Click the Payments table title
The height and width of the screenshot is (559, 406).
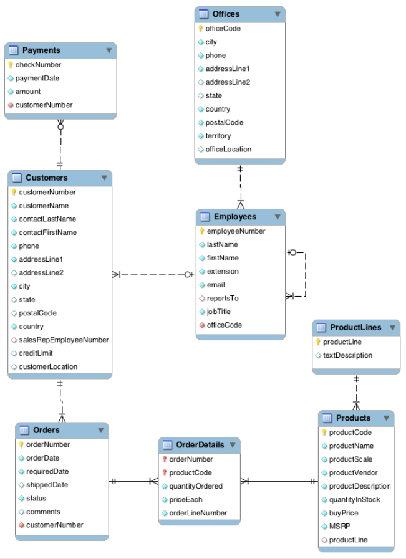41,50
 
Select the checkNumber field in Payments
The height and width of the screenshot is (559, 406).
38,65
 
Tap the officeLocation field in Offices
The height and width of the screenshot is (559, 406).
228,150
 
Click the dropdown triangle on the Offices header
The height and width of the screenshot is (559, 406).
277,14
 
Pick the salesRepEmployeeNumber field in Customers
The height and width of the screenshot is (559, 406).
64,340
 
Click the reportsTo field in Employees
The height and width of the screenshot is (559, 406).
222,299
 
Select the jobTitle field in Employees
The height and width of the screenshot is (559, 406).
221,312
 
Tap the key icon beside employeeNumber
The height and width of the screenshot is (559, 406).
201,231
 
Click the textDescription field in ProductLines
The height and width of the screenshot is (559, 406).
347,356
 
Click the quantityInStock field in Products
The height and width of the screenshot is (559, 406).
354,500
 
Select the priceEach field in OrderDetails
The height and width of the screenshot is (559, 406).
185,500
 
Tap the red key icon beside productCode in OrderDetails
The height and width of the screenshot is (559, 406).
165,473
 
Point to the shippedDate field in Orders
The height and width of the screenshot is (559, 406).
47,485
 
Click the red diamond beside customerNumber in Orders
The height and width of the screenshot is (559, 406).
21,525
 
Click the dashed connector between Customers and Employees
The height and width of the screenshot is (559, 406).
153,274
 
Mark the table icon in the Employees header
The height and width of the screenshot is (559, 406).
205,217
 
